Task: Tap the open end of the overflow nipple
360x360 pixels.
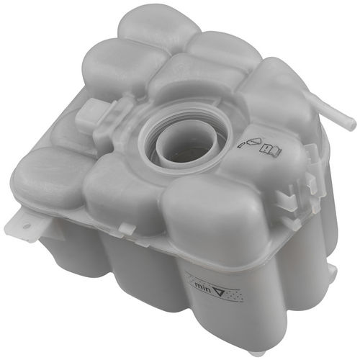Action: tap(352, 124)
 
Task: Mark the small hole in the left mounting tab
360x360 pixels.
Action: tap(27, 225)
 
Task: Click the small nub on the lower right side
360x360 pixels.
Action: tap(331, 269)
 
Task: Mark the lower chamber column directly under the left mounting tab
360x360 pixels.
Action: tap(68, 248)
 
